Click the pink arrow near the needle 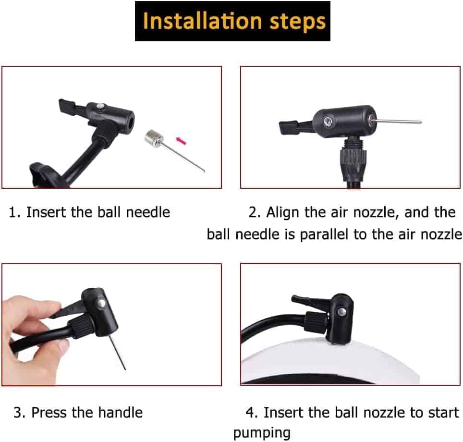coord(181,141)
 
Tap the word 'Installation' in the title coord(202,21)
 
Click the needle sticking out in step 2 coord(395,121)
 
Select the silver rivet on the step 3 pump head coord(101,304)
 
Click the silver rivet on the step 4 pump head coord(342,311)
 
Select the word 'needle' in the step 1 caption coord(148,212)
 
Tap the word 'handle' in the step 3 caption coord(121,413)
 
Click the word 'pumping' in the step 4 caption coord(262,433)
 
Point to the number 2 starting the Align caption coord(253,212)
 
